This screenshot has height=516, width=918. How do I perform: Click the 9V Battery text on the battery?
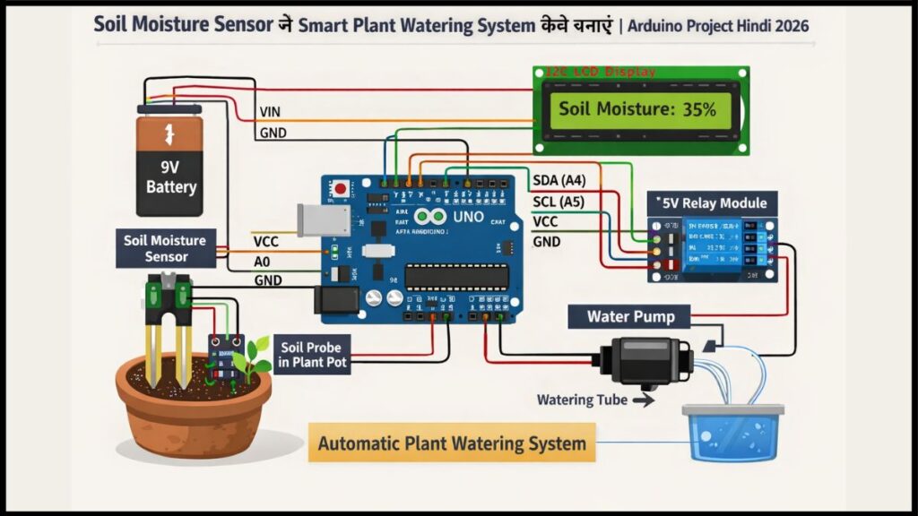click(171, 176)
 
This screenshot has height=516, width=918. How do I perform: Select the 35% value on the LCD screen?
click(697, 110)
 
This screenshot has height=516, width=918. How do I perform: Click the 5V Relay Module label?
click(714, 203)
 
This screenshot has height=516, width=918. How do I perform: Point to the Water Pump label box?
click(630, 316)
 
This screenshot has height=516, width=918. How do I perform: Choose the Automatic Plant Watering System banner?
click(452, 443)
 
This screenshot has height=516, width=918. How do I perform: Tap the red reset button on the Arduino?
click(342, 190)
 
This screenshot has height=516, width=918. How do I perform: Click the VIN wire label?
click(270, 112)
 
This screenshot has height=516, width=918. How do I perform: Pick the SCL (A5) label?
click(559, 202)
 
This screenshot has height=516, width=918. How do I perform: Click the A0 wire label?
click(264, 261)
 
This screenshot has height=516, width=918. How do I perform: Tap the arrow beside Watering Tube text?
click(643, 400)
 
